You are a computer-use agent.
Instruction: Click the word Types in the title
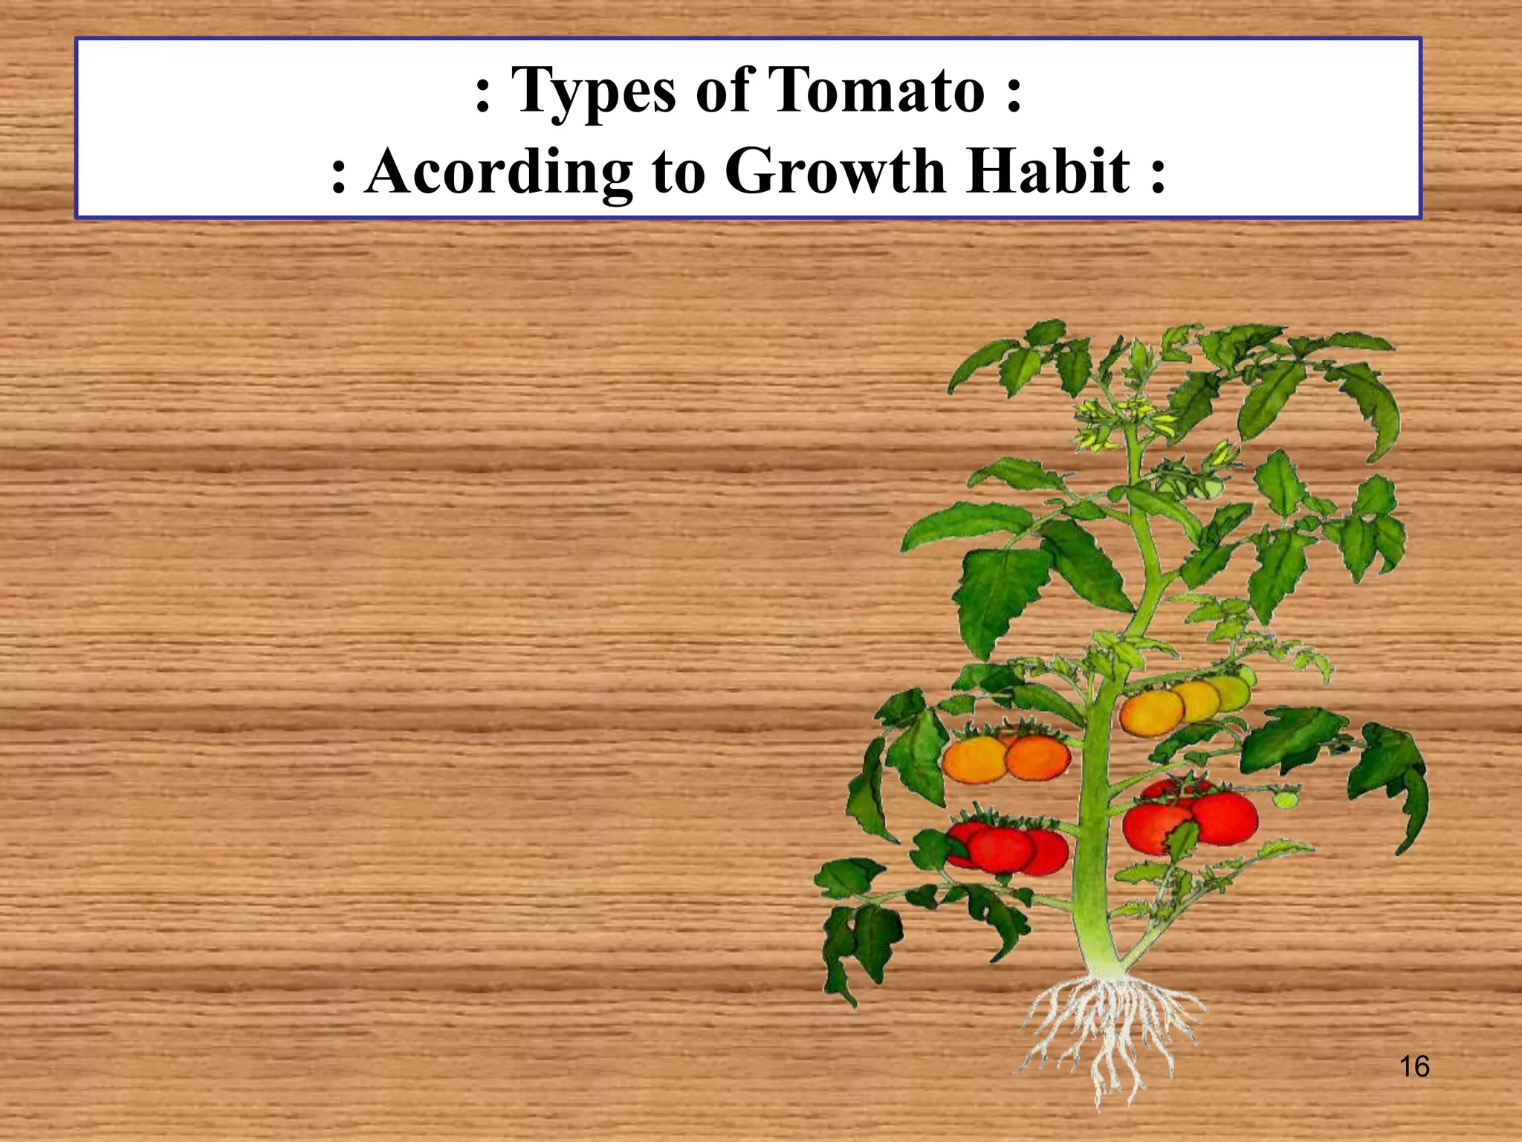[594, 91]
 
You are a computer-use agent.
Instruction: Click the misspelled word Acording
[499, 172]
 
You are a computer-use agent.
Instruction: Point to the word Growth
[837, 170]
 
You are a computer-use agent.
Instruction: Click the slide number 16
[1414, 1066]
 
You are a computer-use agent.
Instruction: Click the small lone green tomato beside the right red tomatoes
[1285, 799]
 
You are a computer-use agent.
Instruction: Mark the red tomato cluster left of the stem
[1007, 845]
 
